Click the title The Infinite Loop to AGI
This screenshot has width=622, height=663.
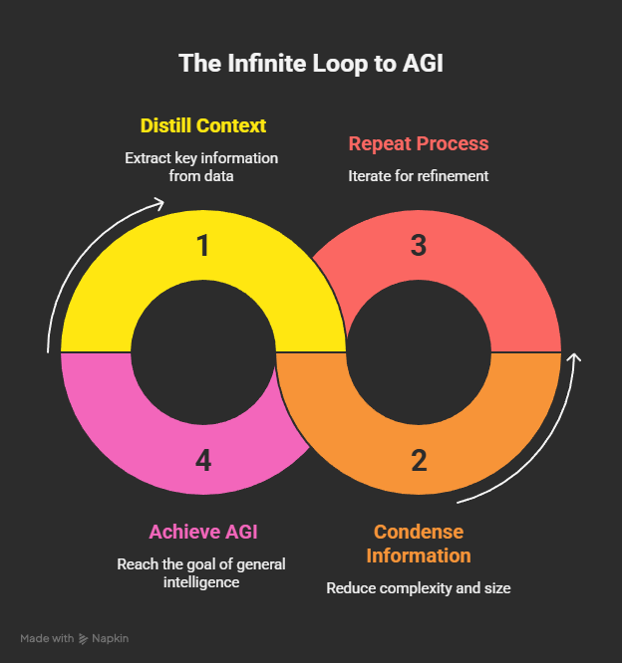click(311, 64)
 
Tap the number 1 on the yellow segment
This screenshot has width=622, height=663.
click(203, 246)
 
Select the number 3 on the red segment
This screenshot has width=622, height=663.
click(419, 245)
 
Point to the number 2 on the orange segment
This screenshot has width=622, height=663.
click(419, 461)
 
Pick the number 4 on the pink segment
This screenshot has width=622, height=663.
click(203, 461)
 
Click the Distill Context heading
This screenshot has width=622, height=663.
click(203, 125)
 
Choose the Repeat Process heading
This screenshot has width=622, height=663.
click(419, 143)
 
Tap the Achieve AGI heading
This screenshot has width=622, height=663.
click(203, 532)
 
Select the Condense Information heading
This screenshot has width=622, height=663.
click(419, 544)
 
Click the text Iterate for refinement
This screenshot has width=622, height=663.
click(419, 176)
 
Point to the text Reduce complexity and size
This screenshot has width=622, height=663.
click(419, 588)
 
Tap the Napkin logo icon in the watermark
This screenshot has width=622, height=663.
click(83, 638)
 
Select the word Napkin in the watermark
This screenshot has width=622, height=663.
click(110, 638)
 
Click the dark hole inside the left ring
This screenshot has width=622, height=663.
click(203, 351)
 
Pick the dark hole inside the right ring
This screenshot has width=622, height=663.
click(419, 351)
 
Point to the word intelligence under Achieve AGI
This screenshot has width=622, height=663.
click(201, 582)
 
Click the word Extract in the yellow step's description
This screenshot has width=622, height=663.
click(148, 158)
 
